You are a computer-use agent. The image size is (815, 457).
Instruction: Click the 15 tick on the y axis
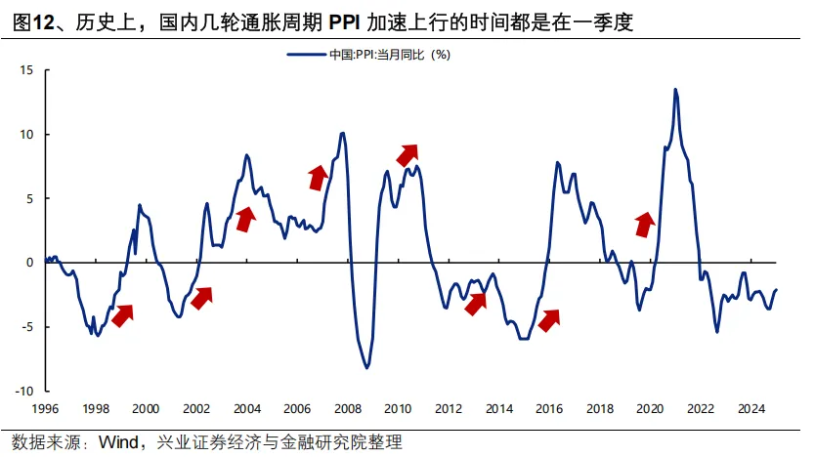[x=26, y=70]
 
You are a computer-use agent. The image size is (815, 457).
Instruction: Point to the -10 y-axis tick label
[x=23, y=391]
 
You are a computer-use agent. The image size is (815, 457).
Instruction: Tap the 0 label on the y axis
[x=29, y=263]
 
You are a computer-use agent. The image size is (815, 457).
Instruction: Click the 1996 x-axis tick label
[x=45, y=409]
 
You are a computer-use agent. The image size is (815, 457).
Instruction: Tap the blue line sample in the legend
[x=306, y=55]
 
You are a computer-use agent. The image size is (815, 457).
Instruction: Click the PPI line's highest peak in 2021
[x=675, y=89]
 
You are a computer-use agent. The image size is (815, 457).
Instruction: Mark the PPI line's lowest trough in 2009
[x=366, y=367]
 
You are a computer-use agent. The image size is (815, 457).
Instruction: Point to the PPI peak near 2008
[x=342, y=133]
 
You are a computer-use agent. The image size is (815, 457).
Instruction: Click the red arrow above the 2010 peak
[x=407, y=154]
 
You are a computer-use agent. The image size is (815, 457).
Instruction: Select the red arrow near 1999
[x=123, y=314]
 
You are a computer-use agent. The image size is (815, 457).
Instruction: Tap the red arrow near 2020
[x=644, y=225]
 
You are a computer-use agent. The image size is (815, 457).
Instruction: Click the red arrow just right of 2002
[x=202, y=297]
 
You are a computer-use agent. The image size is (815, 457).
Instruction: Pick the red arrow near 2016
[x=549, y=319]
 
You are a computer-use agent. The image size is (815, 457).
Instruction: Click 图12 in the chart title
[x=33, y=21]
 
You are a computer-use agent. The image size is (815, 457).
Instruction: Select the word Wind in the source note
[x=118, y=442]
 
